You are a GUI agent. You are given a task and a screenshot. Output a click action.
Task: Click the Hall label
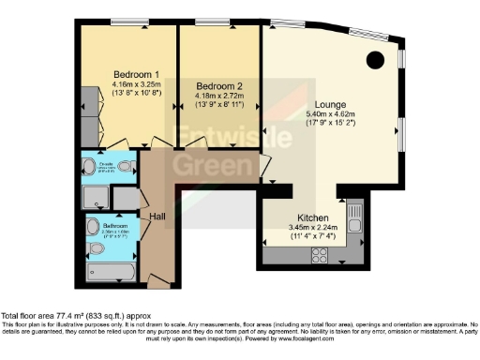pos(157,216)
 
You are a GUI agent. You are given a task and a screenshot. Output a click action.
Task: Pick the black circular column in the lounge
pos(374,61)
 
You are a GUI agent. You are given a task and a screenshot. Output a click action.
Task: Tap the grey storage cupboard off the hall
pos(124,197)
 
